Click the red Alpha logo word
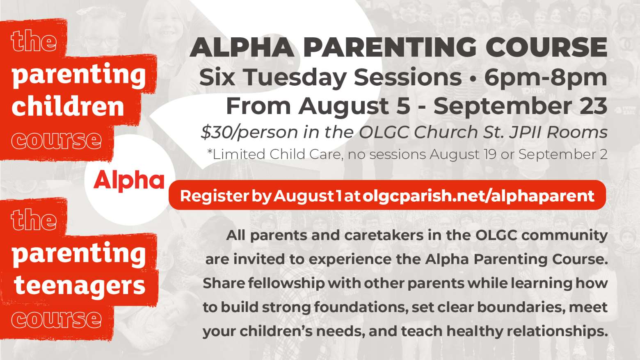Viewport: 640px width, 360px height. (x=129, y=180)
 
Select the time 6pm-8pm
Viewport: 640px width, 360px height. (x=546, y=77)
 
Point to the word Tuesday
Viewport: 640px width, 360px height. (x=295, y=77)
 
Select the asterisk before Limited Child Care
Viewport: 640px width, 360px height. (x=210, y=152)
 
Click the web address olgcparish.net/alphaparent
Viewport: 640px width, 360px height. (x=479, y=196)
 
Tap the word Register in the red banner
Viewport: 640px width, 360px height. (x=214, y=196)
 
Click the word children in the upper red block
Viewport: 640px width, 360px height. (x=68, y=106)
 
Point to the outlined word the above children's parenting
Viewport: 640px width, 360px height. (x=34, y=41)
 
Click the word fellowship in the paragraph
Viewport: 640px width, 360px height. (x=286, y=283)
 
